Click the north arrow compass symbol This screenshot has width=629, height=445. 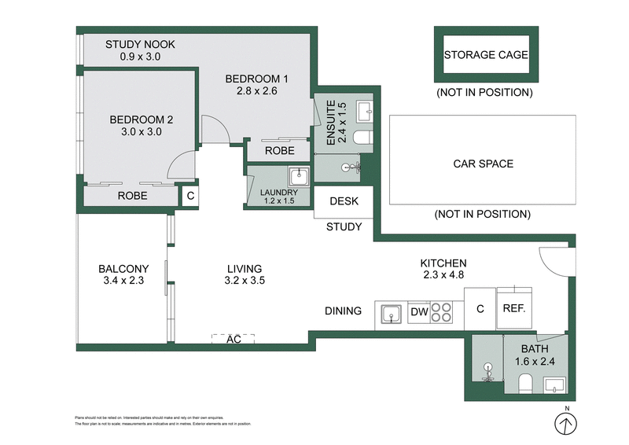tap(564, 424)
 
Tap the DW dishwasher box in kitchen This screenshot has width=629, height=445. tap(419, 312)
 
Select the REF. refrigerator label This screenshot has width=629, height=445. tap(513, 308)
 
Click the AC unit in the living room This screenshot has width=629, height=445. tap(233, 339)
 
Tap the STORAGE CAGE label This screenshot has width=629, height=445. tap(485, 55)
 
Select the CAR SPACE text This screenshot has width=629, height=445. tap(483, 164)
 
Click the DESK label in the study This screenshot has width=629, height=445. tap(344, 201)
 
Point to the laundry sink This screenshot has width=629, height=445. tap(298, 176)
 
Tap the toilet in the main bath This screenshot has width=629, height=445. tap(525, 384)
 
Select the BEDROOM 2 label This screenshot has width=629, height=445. tap(141, 120)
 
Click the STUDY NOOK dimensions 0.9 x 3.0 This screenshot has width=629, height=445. tap(140, 57)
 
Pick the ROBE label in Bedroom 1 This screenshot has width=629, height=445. tap(279, 150)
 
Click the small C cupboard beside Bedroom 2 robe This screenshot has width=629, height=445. tap(190, 195)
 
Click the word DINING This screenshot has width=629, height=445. tap(343, 311)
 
